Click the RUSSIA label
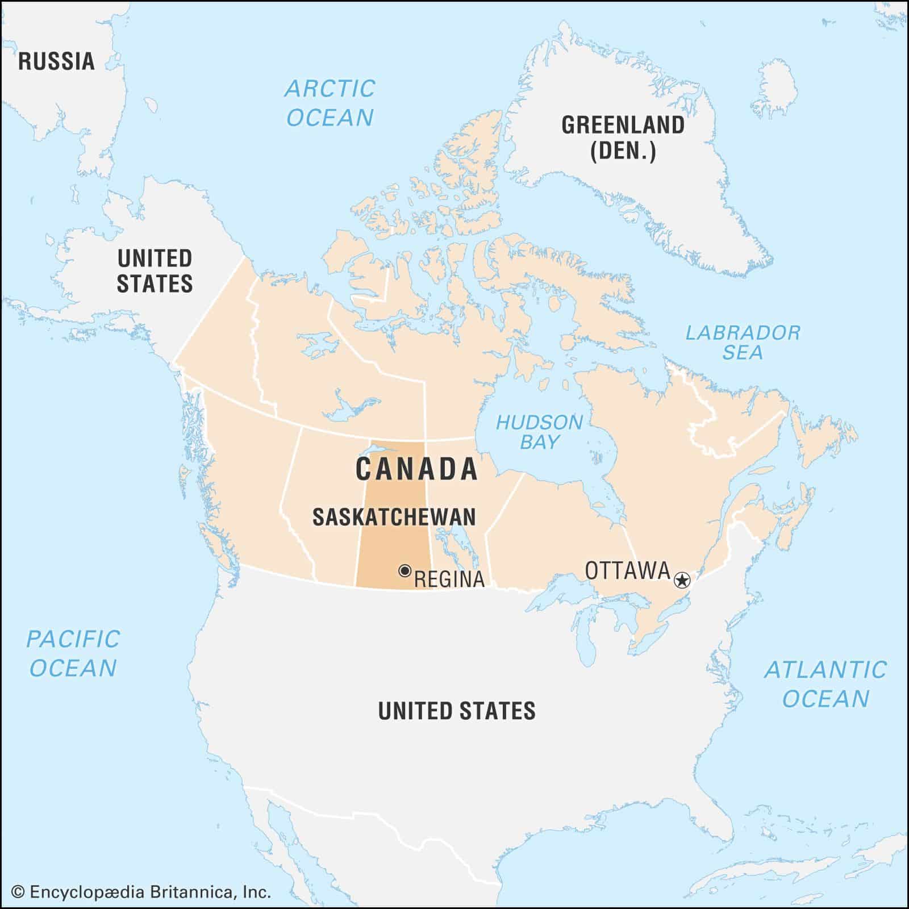56,61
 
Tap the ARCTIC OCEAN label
330,103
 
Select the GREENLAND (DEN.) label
623,138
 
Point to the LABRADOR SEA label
743,342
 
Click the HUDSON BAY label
539,432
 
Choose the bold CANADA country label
416,469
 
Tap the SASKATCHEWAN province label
394,517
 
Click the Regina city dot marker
405,570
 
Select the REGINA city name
449,579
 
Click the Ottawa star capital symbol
682,580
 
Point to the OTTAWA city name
628,570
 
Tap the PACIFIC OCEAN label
73,653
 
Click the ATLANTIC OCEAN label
825,684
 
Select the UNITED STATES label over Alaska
155,271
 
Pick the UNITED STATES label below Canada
457,711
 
